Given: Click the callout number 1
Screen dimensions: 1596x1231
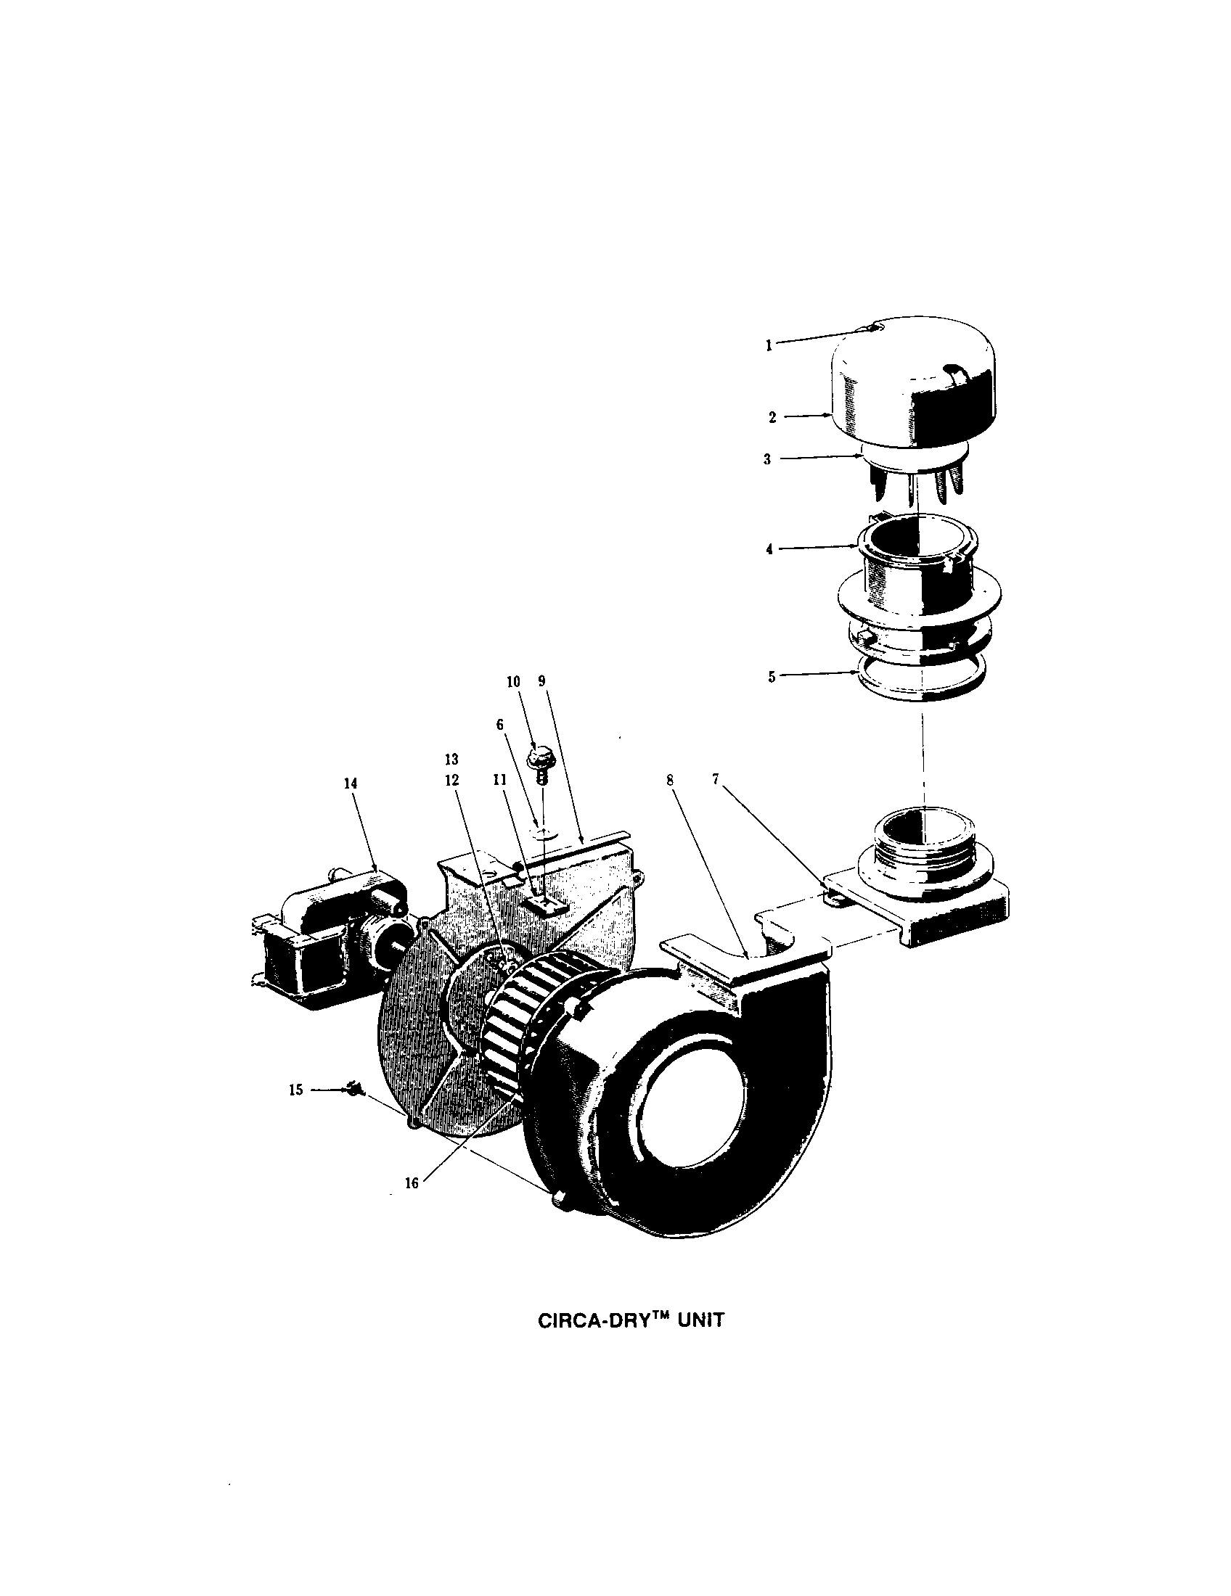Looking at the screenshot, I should point(768,346).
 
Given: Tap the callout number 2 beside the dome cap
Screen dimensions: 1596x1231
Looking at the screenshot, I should point(772,417).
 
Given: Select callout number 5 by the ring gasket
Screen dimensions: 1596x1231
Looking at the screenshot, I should point(772,677).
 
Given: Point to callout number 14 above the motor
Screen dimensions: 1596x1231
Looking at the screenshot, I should point(351,782).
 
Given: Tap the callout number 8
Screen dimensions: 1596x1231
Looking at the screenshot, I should point(670,779).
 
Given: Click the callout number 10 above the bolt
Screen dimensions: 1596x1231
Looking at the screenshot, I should point(513,682).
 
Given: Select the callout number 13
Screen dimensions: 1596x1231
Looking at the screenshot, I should point(451,760).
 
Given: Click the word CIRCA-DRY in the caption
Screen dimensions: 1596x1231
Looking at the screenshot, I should point(589,1321).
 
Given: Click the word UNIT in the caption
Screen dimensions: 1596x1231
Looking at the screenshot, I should point(700,1321).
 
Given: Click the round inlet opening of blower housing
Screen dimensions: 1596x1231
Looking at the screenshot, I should point(691,1111).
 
